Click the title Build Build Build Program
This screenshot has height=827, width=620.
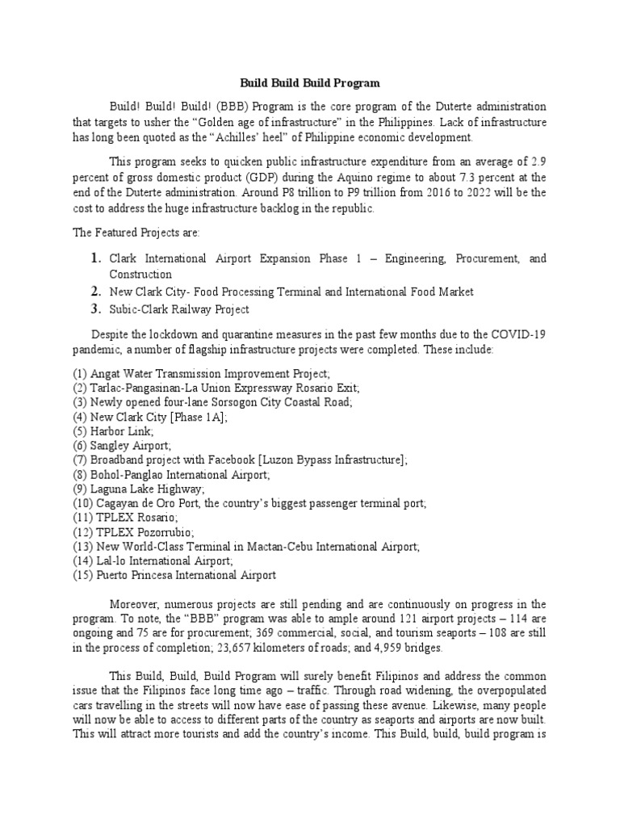tap(310, 83)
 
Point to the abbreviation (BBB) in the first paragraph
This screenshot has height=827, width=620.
tap(225, 107)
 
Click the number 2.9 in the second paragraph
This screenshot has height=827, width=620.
tap(537, 162)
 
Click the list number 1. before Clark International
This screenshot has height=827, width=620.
tap(95, 258)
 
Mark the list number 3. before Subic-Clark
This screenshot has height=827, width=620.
tap(95, 309)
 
